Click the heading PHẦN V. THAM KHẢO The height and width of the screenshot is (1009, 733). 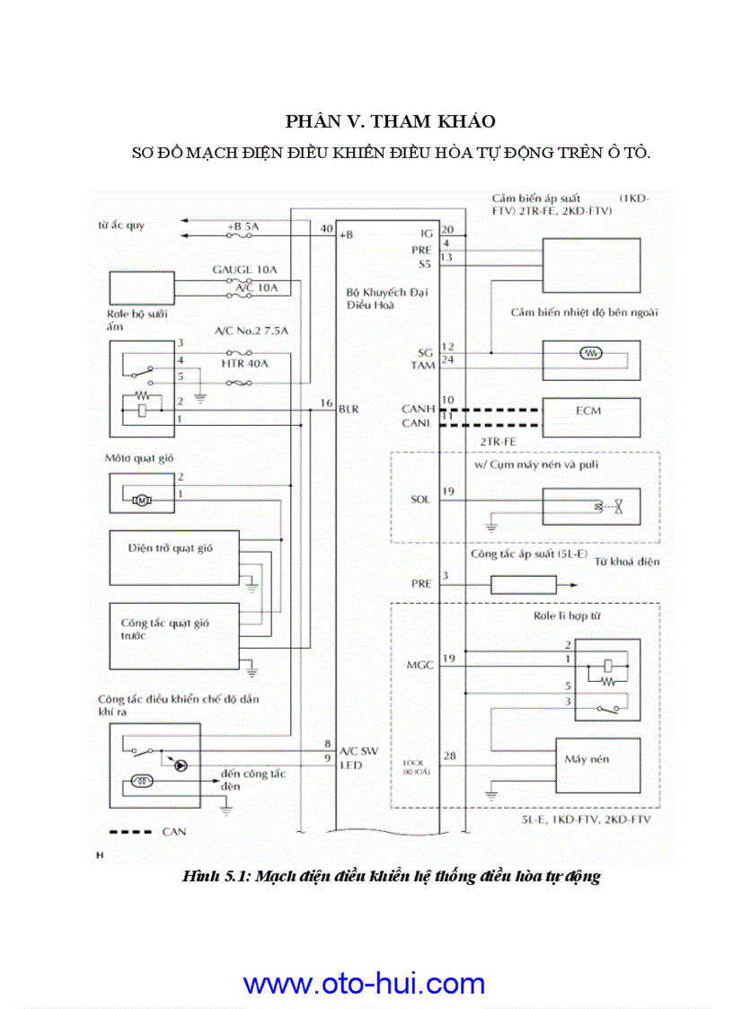(390, 120)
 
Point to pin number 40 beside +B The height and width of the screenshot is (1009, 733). (326, 228)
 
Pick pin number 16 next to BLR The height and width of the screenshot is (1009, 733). (326, 404)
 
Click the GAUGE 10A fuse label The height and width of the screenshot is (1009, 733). (245, 270)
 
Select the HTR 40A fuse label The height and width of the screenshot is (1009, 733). (244, 363)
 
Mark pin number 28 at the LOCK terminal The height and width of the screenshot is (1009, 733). (449, 756)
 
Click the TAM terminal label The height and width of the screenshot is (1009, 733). (421, 366)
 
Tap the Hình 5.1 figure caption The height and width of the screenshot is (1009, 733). (390, 876)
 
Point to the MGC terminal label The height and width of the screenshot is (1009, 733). (419, 665)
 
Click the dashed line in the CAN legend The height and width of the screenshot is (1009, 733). (129, 832)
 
